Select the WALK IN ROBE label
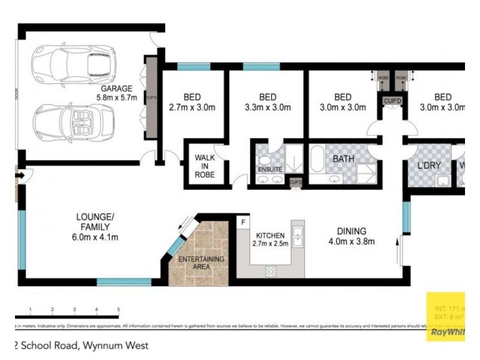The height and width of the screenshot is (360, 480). [x=205, y=166]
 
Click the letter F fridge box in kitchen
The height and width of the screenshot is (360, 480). [x=243, y=223]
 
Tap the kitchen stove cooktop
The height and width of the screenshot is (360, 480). [x=268, y=270]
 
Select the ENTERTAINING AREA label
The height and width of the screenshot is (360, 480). [x=201, y=263]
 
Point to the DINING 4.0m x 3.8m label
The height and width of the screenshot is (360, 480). [x=352, y=236]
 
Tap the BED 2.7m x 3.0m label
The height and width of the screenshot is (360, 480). [x=192, y=103]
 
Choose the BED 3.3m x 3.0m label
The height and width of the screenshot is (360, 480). [x=267, y=103]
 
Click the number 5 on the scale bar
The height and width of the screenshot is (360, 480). [x=119, y=310]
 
